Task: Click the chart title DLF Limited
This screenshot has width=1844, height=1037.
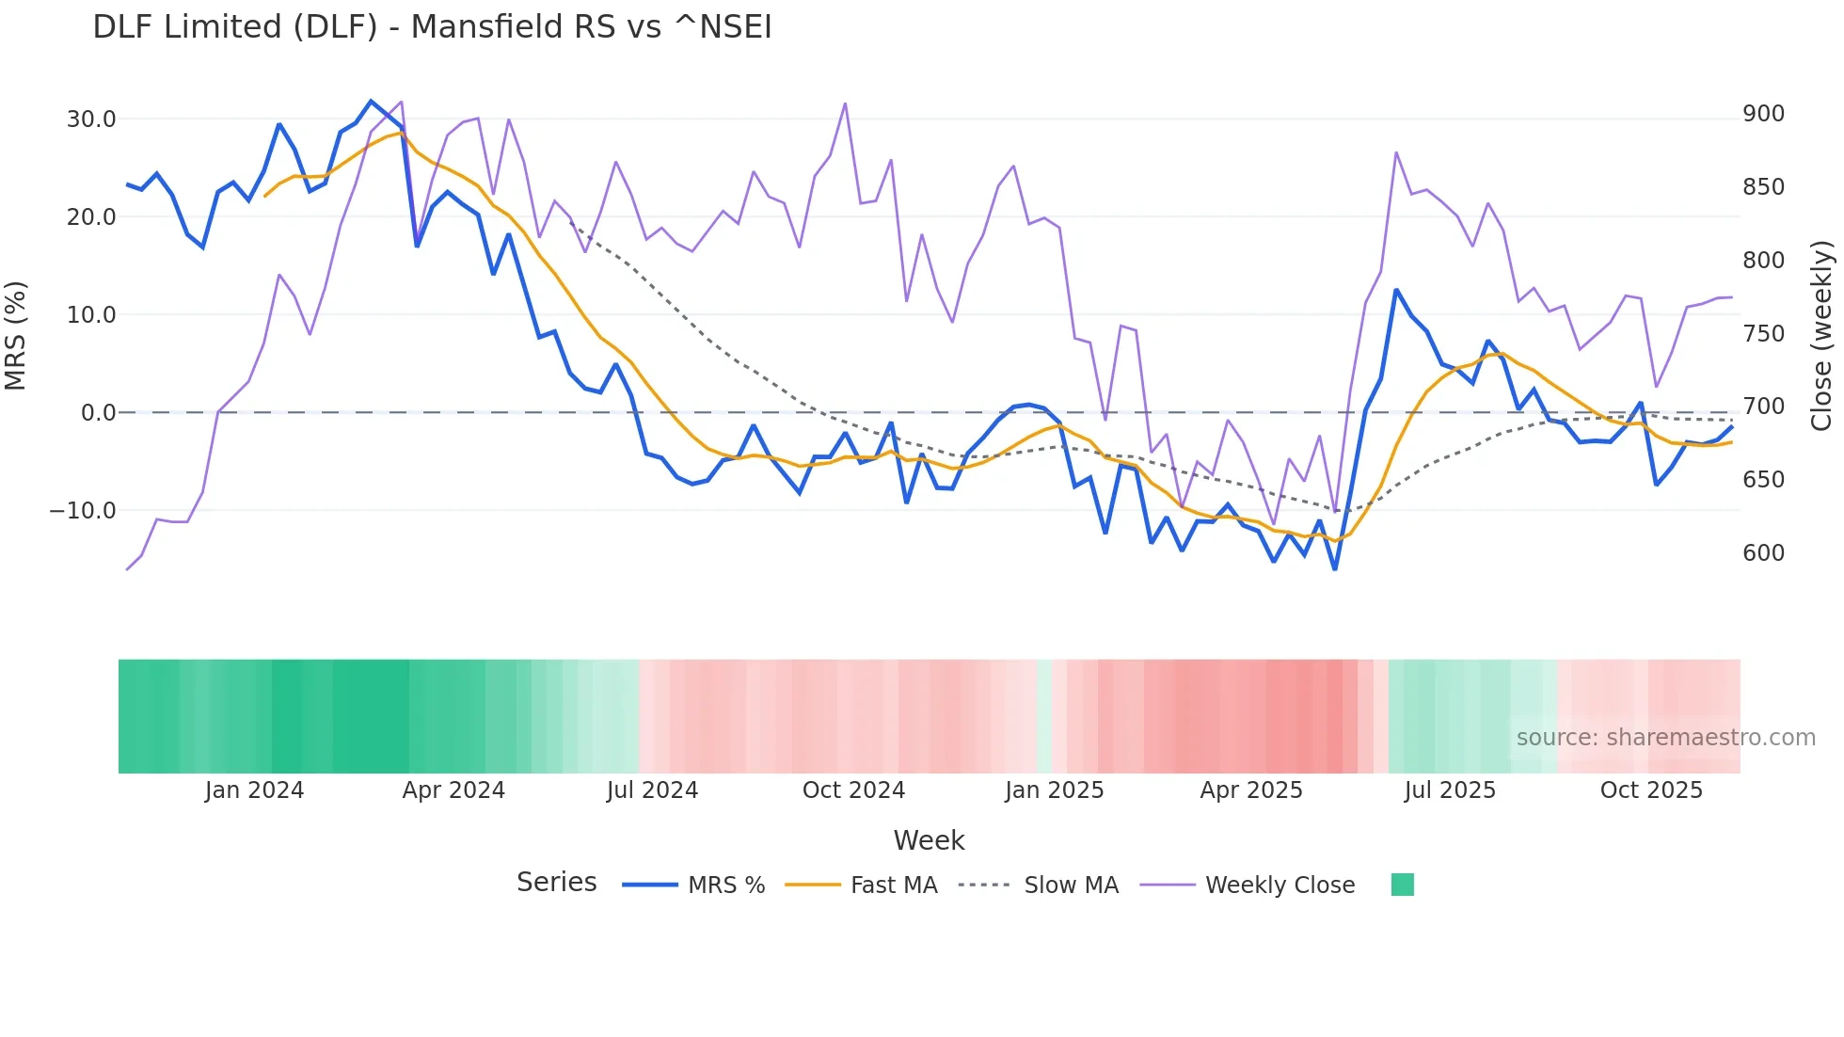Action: (432, 27)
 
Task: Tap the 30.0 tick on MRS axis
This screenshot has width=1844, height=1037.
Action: (91, 120)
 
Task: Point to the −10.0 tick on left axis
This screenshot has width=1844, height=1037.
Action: (83, 511)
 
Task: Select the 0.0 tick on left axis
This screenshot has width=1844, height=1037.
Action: (98, 413)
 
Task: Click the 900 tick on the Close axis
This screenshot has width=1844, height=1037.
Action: (1763, 114)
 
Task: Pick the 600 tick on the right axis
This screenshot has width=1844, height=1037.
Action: (1763, 553)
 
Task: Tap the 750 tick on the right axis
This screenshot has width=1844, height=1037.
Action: (1763, 334)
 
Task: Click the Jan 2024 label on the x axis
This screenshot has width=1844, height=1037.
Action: (254, 790)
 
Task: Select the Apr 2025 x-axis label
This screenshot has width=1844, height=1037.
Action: (1250, 790)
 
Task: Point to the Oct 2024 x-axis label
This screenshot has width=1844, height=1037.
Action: (853, 790)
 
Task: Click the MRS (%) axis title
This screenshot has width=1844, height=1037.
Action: (16, 335)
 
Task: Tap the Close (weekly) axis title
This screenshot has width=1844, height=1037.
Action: (1821, 335)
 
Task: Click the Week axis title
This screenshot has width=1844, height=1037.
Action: (929, 840)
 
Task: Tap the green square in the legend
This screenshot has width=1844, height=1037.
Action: (1402, 885)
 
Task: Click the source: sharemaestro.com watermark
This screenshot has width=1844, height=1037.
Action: (1665, 738)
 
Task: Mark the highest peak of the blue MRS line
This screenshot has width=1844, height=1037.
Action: (371, 102)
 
